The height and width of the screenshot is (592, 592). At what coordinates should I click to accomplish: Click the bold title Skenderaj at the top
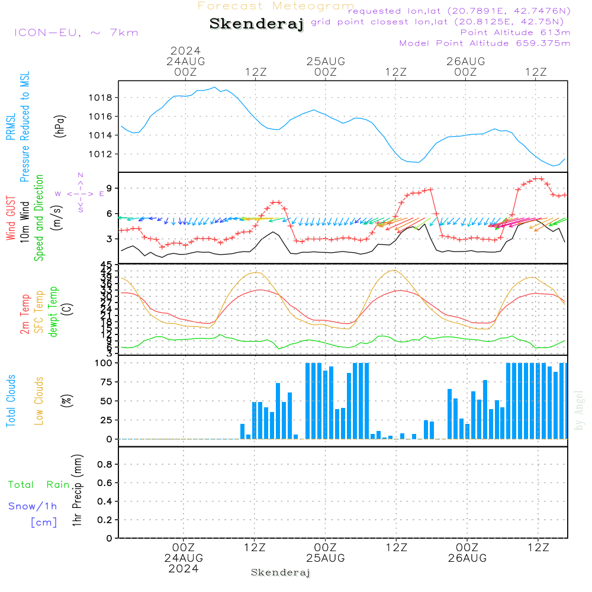(256, 24)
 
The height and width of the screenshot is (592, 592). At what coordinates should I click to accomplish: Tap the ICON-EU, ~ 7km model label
(76, 33)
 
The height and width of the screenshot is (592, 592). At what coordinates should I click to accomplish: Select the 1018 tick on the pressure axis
(103, 98)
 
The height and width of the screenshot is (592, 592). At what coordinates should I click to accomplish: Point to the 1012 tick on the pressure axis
(103, 154)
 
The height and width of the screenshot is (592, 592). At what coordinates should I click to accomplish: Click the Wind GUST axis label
(11, 218)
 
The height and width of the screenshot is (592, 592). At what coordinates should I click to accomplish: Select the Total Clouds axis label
(11, 401)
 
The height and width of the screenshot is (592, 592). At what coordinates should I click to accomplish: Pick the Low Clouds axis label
(39, 401)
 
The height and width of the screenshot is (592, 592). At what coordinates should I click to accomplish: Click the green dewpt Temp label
(54, 311)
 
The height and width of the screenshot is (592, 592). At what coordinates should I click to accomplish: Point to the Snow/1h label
(33, 506)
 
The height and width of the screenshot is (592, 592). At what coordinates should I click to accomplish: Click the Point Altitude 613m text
(515, 32)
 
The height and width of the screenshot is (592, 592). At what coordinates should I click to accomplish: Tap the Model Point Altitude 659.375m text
(485, 43)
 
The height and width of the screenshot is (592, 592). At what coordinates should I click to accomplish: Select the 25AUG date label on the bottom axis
(325, 558)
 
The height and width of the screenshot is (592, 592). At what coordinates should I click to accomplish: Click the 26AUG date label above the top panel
(466, 61)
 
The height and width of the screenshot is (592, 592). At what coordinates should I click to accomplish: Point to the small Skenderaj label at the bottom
(281, 572)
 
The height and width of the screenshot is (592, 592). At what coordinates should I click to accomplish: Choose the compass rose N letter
(81, 175)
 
